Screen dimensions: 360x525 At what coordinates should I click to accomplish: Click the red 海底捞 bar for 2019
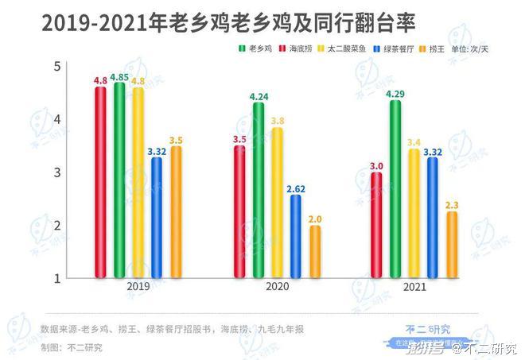click(100, 183)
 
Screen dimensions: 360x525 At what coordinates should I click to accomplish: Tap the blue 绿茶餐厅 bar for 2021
click(432, 218)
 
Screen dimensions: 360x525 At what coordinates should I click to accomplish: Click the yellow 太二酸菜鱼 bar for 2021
click(413, 213)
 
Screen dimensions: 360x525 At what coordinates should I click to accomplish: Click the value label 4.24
click(259, 97)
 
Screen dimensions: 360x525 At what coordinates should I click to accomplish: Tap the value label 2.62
click(296, 189)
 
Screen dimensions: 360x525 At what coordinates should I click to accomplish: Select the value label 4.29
click(395, 95)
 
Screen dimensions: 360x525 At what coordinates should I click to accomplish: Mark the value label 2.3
click(452, 205)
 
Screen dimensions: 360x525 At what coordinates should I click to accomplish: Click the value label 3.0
click(377, 165)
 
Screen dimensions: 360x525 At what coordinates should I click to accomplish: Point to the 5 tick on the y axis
click(56, 66)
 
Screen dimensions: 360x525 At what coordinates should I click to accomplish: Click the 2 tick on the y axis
click(56, 226)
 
